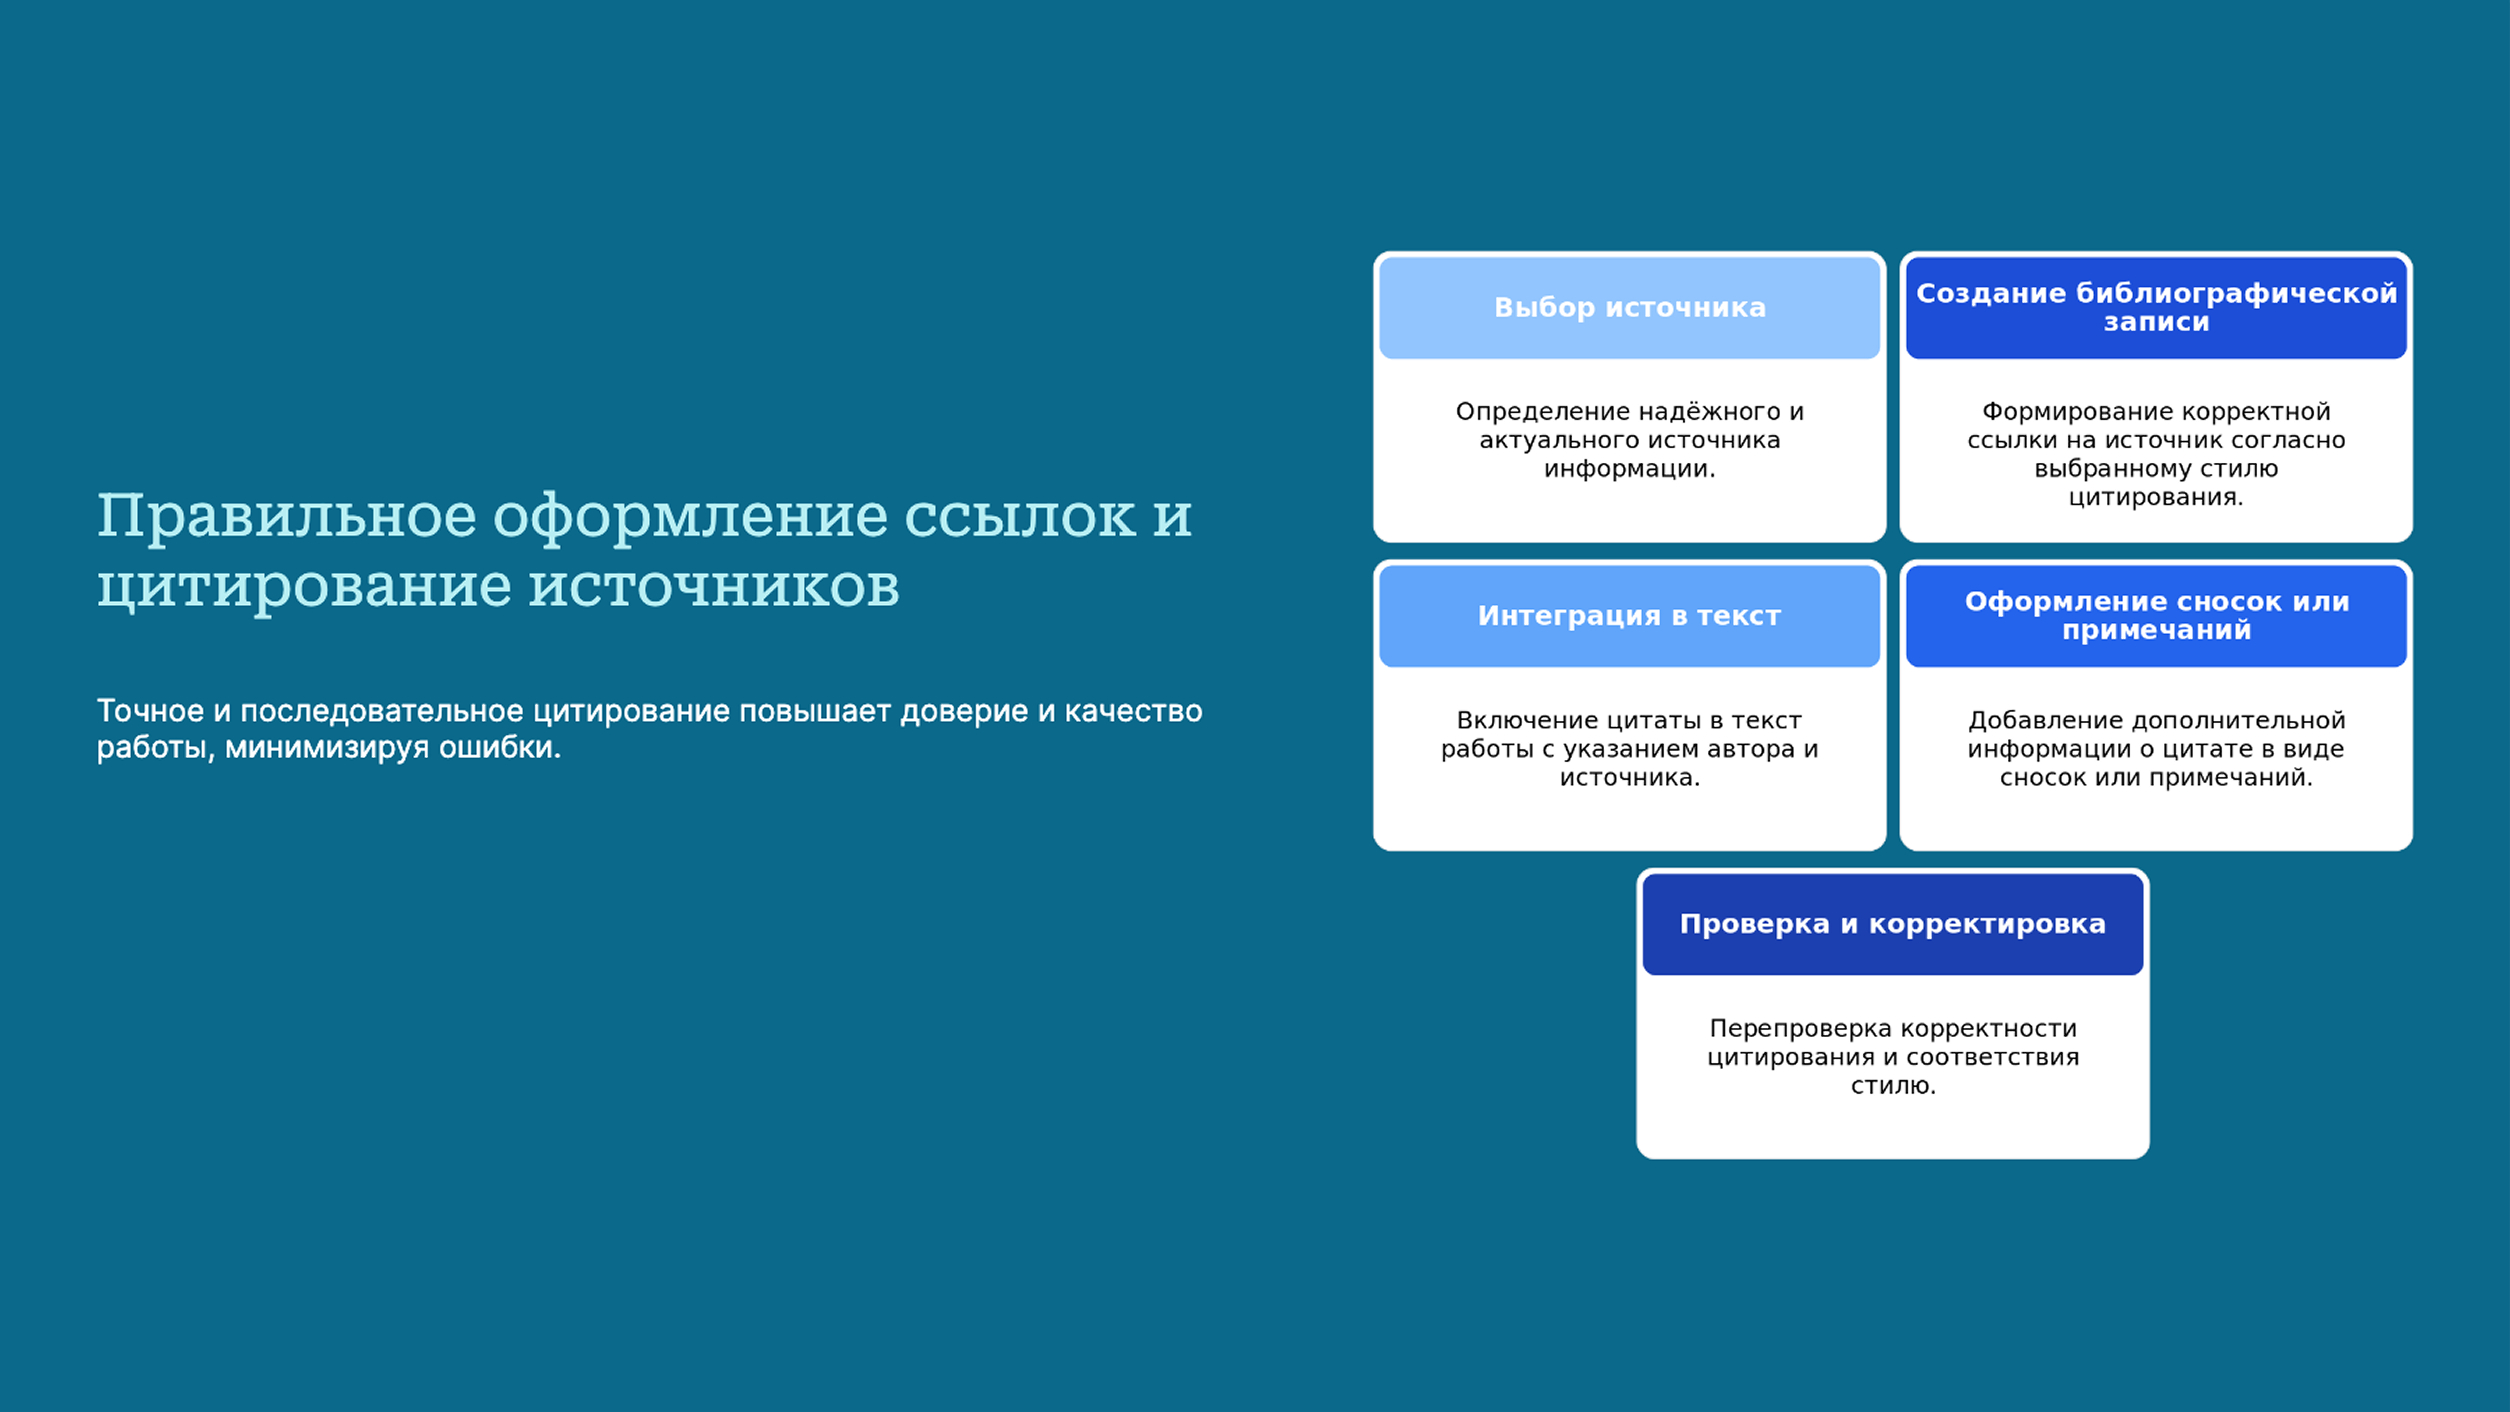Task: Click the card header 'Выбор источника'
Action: pos(1629,308)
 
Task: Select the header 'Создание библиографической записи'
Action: pos(2155,307)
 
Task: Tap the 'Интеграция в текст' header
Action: pos(1629,616)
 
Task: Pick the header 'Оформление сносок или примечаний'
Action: pos(2155,616)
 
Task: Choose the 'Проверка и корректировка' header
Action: pos(1892,924)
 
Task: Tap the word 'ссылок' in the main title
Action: pos(1019,516)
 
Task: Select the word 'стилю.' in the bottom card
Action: pos(1892,1086)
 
